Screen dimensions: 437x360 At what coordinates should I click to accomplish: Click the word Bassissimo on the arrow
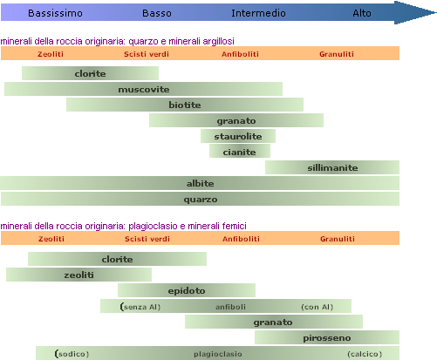[55, 13]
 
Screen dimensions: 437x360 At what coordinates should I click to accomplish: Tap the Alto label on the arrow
[362, 13]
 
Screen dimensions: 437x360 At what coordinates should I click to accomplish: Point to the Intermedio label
[258, 13]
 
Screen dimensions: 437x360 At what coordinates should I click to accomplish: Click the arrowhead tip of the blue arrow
[436, 12]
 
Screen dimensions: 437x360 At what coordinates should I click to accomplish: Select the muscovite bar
[143, 89]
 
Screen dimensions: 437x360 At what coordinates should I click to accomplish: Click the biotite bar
[185, 105]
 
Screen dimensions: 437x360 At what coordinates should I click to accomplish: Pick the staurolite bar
[238, 136]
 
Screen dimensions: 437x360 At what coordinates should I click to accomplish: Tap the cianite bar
[240, 152]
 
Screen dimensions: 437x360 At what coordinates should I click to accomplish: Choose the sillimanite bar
[332, 167]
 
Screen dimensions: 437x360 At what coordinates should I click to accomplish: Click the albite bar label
[200, 183]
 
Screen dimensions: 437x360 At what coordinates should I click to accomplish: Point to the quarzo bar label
[201, 200]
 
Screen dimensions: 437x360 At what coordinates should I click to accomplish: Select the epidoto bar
[187, 290]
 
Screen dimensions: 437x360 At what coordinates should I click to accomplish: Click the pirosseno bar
[327, 337]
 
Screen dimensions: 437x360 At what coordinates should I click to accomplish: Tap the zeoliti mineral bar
[79, 275]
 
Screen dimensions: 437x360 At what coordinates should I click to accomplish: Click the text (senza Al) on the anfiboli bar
[140, 307]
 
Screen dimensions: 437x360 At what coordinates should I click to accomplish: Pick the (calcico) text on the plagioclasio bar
[365, 354]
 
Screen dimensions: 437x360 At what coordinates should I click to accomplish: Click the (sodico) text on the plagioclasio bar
[72, 354]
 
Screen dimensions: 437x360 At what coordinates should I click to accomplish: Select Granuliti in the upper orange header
[337, 54]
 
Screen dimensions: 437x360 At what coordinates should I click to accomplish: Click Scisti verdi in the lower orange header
[147, 239]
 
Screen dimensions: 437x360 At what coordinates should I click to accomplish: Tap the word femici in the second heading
[235, 226]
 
